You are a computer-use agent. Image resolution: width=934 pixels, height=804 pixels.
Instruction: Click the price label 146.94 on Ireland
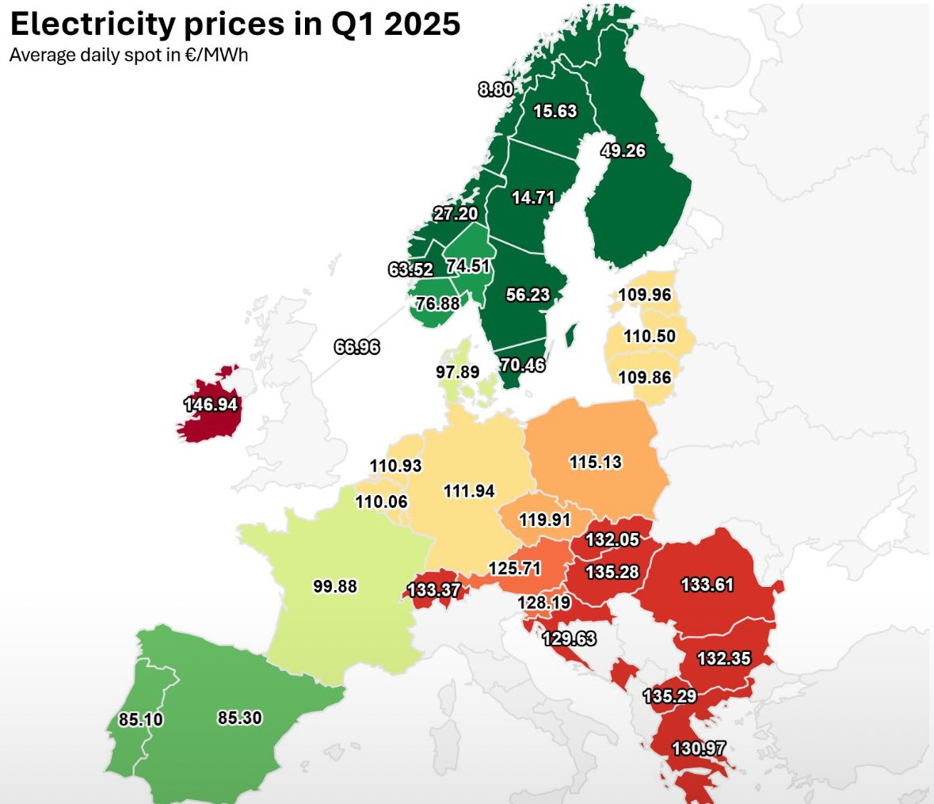coord(211,405)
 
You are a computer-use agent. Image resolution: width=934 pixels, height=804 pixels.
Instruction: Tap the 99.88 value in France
coord(334,587)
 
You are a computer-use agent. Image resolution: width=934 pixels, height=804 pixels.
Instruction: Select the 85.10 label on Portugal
coord(141,719)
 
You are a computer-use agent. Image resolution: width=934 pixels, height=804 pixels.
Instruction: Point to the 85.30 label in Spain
coord(239,718)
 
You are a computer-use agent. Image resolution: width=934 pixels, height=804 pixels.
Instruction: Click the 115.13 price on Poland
coord(596,462)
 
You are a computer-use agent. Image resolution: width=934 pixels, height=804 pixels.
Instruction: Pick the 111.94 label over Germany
coord(469,491)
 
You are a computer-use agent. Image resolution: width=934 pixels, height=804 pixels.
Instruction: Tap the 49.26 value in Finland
coord(623,151)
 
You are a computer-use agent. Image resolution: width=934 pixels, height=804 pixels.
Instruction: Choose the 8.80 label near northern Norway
coord(496,90)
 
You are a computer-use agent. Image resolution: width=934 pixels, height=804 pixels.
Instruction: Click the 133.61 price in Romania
coord(707,585)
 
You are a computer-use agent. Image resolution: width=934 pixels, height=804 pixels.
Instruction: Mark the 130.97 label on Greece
coord(699,748)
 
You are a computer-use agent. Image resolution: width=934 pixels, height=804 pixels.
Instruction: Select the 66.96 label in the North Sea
coord(356,346)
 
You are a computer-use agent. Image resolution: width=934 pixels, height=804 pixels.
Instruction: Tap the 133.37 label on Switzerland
coord(433,590)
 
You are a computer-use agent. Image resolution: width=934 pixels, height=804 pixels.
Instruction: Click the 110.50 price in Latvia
coord(650,336)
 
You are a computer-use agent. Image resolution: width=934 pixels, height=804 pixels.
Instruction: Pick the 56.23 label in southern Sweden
coord(528,295)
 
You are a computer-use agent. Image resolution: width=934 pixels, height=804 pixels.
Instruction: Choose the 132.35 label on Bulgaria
coord(723,658)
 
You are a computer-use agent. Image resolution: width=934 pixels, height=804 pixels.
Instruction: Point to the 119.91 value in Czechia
coord(544,520)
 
